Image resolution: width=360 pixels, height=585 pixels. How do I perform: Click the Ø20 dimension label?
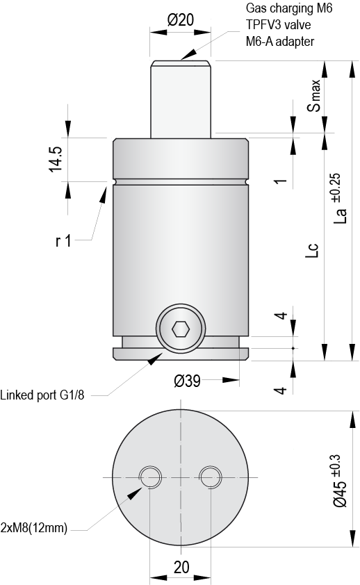tap(181, 20)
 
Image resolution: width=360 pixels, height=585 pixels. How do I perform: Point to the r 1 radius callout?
tap(63, 241)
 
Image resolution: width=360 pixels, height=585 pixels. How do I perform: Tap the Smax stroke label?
tap(315, 96)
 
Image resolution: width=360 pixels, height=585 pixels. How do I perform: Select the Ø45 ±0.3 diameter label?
tap(338, 479)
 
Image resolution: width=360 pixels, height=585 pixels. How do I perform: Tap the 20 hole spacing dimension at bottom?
tap(181, 567)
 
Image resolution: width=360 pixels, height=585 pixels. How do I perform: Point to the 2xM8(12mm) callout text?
tap(34, 528)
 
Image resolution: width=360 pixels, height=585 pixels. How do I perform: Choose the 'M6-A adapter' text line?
tap(279, 42)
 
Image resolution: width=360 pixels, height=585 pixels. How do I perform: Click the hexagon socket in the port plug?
tap(181, 328)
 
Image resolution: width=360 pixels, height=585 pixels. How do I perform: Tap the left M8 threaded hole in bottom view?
tap(150, 477)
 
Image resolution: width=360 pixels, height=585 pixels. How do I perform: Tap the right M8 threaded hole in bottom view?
tap(211, 477)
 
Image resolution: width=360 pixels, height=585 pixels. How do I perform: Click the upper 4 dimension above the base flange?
tap(281, 316)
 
